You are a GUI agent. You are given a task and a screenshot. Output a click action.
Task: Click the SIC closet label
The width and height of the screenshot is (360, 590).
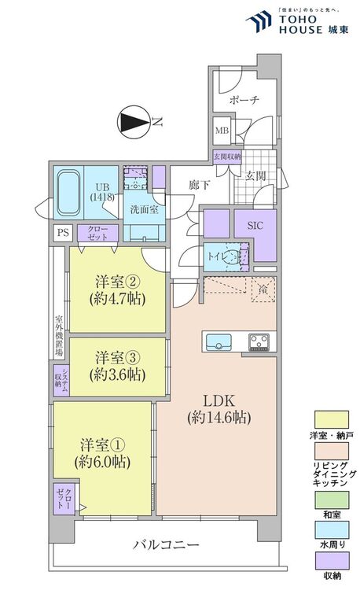pos(256,224)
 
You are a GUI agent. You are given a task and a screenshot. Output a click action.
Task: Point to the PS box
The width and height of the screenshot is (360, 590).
pos(62,233)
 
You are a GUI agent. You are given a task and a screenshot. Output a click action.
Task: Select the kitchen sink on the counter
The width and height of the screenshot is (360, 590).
pos(218,341)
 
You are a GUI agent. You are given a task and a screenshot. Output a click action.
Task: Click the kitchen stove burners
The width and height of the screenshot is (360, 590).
pos(259,341)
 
